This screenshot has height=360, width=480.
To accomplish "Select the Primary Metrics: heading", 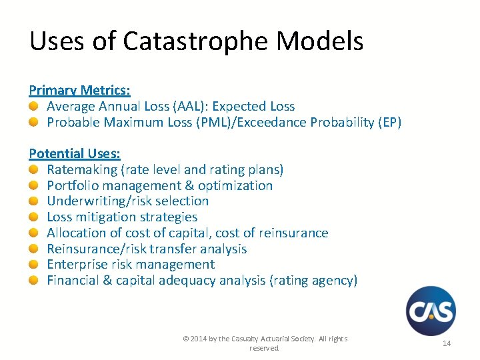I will [79, 90].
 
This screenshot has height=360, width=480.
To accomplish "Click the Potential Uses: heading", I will [75, 154].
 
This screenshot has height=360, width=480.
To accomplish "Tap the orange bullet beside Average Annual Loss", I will [33, 106].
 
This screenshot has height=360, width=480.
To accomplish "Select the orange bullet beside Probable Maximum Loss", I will [33, 122].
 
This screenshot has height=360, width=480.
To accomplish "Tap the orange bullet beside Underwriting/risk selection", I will [33, 201].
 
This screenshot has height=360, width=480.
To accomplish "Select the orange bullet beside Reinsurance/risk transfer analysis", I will [33, 249].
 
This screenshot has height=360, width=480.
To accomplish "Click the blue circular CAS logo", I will [431, 311].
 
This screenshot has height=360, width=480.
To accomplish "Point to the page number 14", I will [447, 343].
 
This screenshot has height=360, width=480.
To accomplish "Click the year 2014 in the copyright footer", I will [199, 339].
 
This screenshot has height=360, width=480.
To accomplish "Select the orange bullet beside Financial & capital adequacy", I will [33, 280].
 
